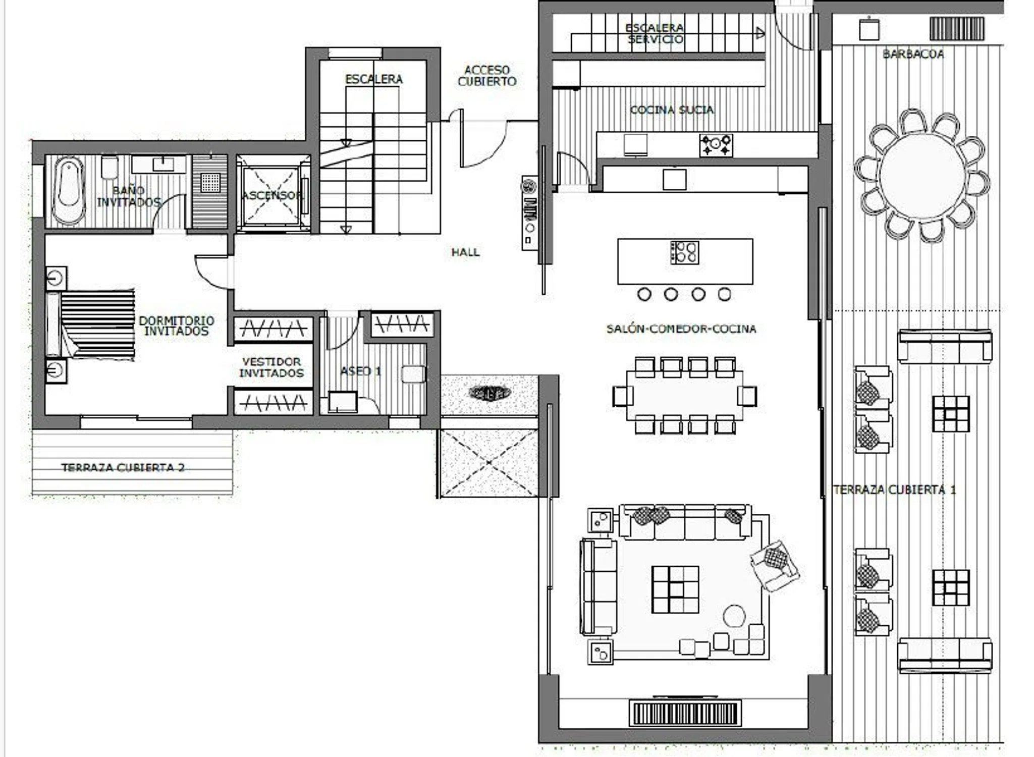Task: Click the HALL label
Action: [x=465, y=252]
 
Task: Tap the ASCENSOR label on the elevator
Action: [x=272, y=195]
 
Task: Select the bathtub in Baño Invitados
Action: [x=69, y=191]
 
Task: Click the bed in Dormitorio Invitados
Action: [x=91, y=324]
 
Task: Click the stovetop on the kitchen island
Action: [x=684, y=252]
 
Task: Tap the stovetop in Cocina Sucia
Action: [x=716, y=145]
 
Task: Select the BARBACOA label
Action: [x=913, y=54]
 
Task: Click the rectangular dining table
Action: [x=684, y=395]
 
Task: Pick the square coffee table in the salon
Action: [x=675, y=589]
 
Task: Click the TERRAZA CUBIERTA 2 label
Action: [x=123, y=468]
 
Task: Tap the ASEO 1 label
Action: [x=360, y=371]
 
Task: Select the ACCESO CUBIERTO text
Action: [x=487, y=76]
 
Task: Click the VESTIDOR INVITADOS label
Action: [x=271, y=367]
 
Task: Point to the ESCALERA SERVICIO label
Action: [x=655, y=33]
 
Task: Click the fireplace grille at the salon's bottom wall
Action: [x=685, y=713]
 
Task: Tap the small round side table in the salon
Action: [x=734, y=616]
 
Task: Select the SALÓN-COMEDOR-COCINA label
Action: [x=681, y=329]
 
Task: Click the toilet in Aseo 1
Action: [x=413, y=374]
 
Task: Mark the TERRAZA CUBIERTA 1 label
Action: [x=894, y=490]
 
